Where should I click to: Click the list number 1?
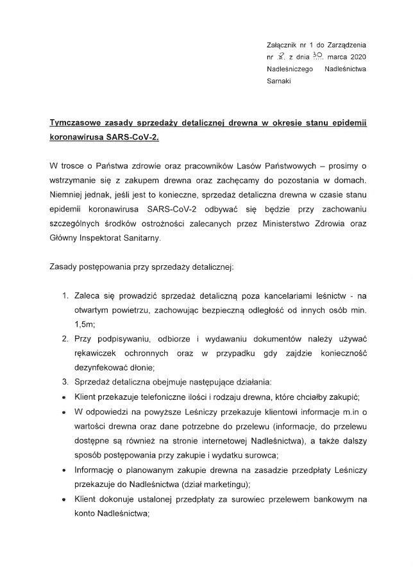[66, 295]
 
